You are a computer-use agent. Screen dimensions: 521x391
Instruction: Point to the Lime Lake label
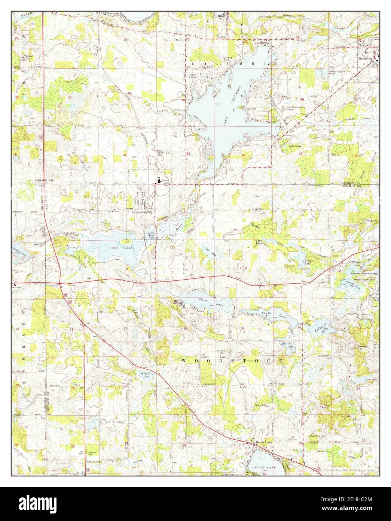(x=370, y=380)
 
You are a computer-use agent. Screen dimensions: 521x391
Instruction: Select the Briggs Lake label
(x=307, y=263)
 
